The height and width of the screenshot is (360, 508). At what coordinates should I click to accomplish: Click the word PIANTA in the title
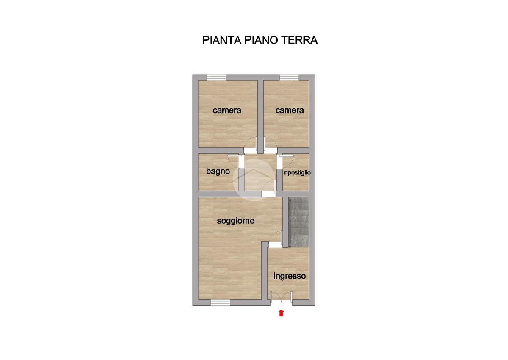coord(222,40)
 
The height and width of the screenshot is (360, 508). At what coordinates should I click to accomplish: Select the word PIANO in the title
coord(261,40)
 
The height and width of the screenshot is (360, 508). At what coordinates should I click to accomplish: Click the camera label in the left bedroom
coord(227,111)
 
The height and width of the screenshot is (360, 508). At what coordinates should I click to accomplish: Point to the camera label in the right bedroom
coord(290,111)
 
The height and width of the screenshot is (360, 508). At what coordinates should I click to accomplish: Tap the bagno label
coord(218,172)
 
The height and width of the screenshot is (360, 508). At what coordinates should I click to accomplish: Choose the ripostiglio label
coord(297,173)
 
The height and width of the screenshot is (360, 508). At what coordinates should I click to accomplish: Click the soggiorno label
coord(236,221)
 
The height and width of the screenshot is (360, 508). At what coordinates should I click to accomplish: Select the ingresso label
coord(290,276)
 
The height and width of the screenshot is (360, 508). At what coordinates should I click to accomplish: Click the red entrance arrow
coord(281,313)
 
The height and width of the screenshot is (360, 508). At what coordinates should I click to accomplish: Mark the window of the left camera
coord(216,78)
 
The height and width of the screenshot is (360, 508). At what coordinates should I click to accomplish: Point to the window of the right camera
coord(289,78)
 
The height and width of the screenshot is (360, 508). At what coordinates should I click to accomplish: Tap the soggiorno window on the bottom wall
coord(221,302)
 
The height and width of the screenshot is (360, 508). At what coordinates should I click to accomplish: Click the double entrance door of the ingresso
coord(281,298)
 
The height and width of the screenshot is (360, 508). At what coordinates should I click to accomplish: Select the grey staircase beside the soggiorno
coord(298,222)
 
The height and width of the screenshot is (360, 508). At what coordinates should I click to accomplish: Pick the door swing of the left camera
coord(251,143)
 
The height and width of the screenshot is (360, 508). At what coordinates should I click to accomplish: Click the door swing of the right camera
coord(271,143)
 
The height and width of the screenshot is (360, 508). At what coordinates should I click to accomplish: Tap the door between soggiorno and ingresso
coord(275,237)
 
